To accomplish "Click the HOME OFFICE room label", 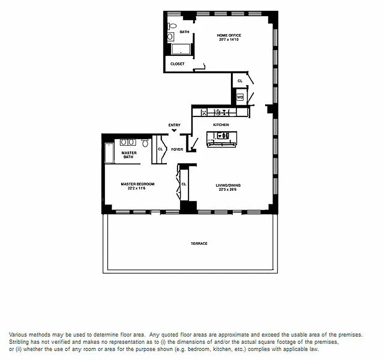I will click(x=229, y=35).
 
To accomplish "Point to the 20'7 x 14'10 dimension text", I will click(x=229, y=40).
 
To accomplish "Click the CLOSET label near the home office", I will click(x=177, y=64).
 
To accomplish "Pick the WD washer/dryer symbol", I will click(x=240, y=97).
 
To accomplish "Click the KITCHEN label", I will click(x=221, y=125).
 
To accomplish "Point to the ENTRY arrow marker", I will click(x=174, y=130).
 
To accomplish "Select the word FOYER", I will click(x=177, y=149).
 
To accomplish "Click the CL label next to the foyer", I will click(x=160, y=149).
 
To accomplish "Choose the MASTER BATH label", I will click(x=129, y=154).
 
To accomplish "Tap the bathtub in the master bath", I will click(x=108, y=154).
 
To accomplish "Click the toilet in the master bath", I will click(x=145, y=144).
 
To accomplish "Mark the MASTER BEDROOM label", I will click(x=137, y=184).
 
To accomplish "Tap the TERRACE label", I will click(x=199, y=243).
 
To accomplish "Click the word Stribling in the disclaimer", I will click(x=19, y=342).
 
